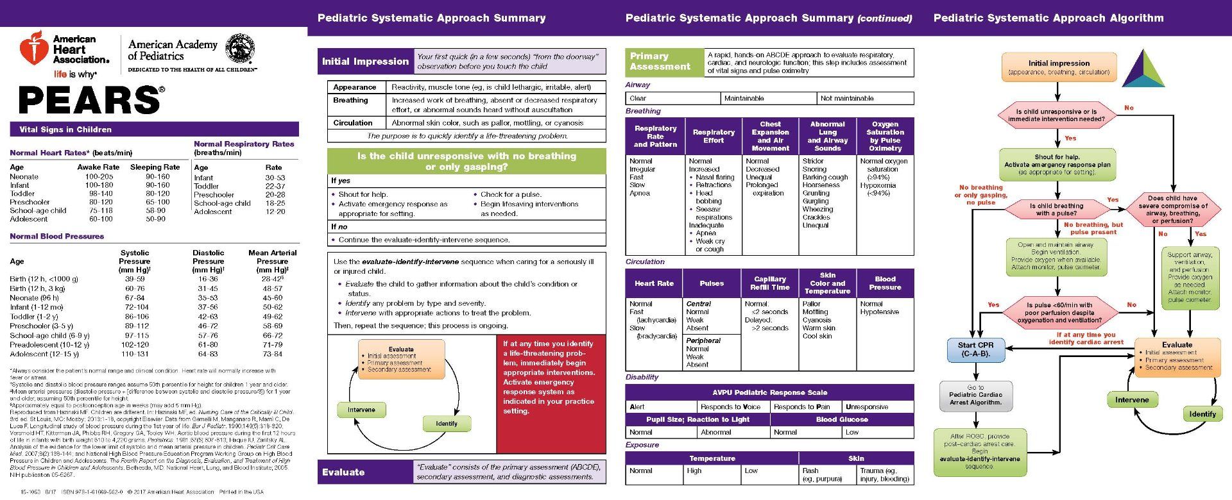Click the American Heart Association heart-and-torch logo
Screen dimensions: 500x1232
coord(34,50)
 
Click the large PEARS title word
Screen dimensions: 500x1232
coord(90,100)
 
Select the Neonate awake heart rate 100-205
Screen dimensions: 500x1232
coord(99,176)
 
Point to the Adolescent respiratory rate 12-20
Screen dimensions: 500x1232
coord(275,212)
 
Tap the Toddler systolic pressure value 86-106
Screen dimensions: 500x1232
coord(137,317)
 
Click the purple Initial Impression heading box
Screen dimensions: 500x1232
coord(365,62)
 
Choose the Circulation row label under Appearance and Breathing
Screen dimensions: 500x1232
coord(352,123)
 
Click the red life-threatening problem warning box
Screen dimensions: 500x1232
coord(551,393)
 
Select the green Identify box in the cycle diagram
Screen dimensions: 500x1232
coord(447,424)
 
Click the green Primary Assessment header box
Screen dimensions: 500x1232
coord(663,62)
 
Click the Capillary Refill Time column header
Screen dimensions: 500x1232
coord(769,283)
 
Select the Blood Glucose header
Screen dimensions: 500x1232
coord(842,420)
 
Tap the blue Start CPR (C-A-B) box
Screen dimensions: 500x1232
coord(975,349)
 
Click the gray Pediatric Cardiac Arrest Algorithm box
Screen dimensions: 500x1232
coord(975,395)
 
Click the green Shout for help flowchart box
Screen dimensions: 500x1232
coord(1057,165)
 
